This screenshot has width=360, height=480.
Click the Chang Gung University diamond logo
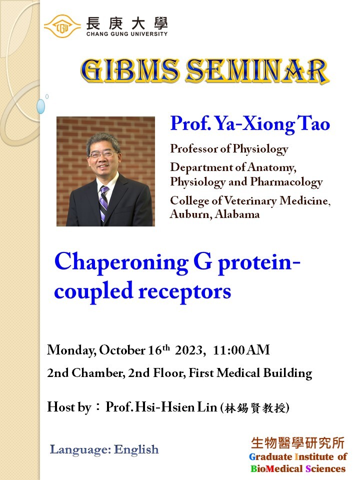(x=62, y=26)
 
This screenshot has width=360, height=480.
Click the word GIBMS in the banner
(x=130, y=70)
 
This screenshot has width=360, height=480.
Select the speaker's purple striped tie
(x=104, y=202)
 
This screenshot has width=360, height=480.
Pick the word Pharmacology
(x=286, y=182)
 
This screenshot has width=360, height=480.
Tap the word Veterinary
(x=250, y=201)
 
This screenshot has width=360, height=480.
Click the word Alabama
(x=237, y=214)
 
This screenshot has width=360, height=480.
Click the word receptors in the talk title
(x=185, y=291)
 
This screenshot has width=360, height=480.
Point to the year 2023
(x=189, y=350)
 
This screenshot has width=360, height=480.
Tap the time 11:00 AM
(x=241, y=350)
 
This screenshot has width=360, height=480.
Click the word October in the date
(x=122, y=350)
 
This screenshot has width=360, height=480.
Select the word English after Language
(x=136, y=449)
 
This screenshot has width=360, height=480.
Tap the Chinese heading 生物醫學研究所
(x=297, y=443)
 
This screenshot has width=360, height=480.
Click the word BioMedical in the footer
(x=276, y=468)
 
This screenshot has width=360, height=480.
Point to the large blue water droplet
(x=40, y=106)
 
